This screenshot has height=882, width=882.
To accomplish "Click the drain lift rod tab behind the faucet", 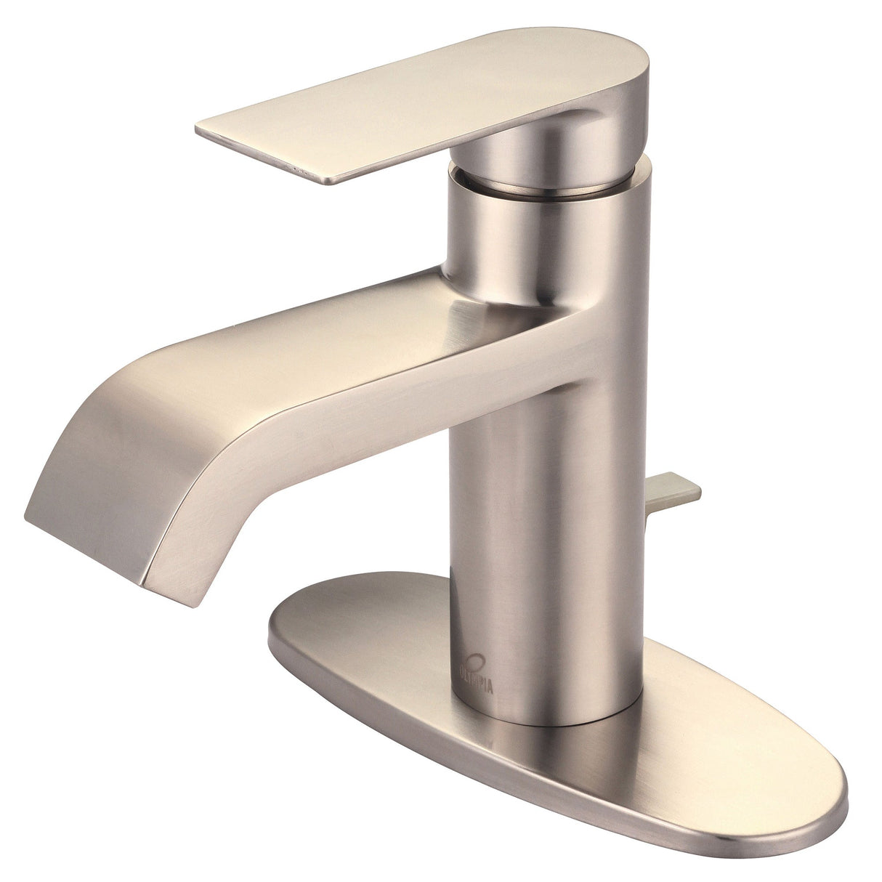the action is (677, 490).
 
